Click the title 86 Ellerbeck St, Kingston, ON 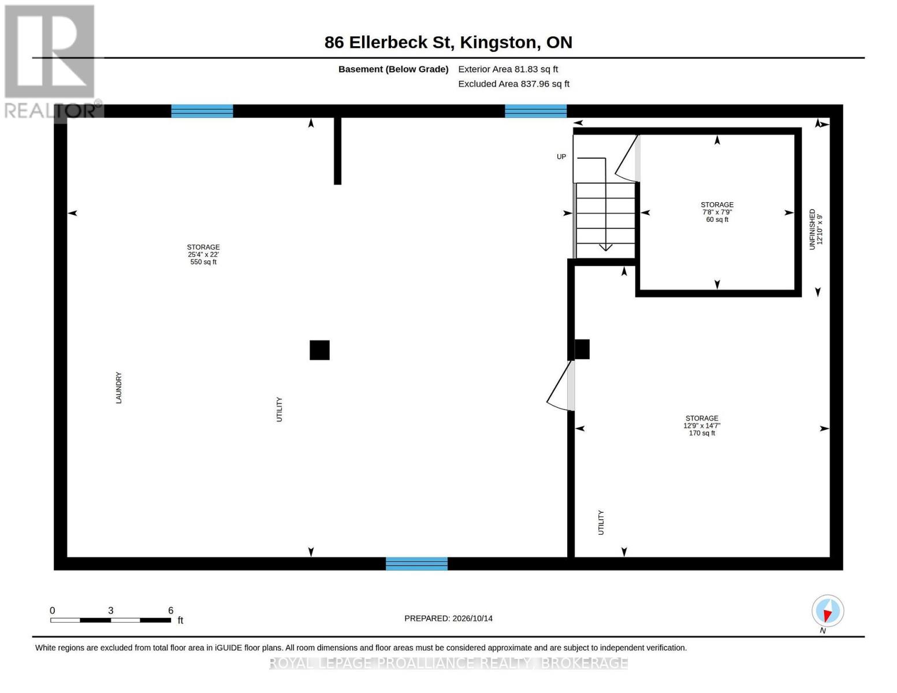click(448, 42)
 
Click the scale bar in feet click(111, 620)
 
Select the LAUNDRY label click(119, 388)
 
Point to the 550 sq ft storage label click(203, 254)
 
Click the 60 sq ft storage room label click(717, 212)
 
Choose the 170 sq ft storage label click(702, 426)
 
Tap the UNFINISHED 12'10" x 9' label click(816, 229)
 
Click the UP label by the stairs click(561, 157)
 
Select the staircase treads click(605, 221)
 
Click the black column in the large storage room click(319, 350)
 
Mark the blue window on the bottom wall click(416, 564)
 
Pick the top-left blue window click(202, 111)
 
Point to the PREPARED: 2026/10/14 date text click(448, 619)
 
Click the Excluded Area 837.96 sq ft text click(513, 84)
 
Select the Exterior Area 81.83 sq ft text click(508, 69)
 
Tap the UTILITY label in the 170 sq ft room click(601, 523)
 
